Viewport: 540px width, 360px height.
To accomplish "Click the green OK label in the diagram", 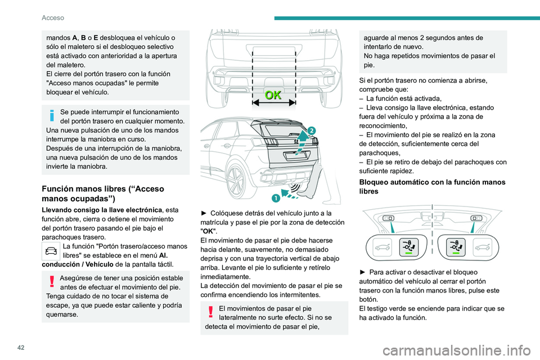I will [x=273, y=95].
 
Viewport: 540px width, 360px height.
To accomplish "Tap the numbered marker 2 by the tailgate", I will [x=312, y=130].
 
